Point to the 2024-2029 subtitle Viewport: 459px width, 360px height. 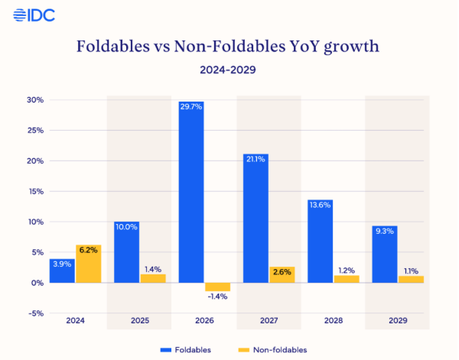click(228, 70)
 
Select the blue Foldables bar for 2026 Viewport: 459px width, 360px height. click(191, 192)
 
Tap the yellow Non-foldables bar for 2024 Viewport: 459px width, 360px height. click(88, 264)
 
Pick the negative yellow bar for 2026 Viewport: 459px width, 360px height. click(217, 287)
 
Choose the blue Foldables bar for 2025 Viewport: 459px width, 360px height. click(126, 252)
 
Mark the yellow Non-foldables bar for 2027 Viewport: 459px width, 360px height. click(282, 274)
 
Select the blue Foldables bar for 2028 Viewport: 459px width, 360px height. click(321, 241)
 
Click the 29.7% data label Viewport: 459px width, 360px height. click(191, 107)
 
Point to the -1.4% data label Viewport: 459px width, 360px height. click(218, 297)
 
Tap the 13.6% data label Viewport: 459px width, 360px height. click(321, 205)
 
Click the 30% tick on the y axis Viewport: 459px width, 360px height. click(35, 100)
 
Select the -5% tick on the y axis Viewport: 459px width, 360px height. click(35, 313)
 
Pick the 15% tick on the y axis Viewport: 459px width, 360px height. click(35, 192)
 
